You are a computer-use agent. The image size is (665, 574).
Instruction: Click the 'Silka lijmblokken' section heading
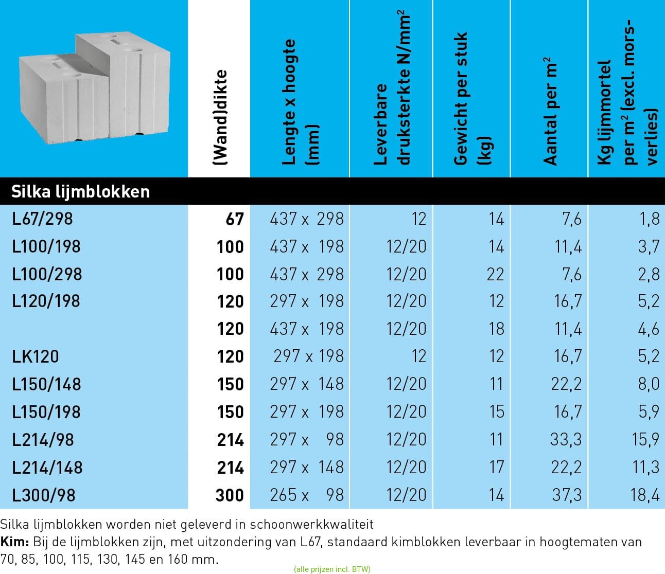(80, 192)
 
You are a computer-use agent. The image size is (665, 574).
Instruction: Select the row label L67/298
(43, 219)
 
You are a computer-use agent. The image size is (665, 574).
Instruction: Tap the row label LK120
(36, 356)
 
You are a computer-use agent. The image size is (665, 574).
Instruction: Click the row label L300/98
(44, 495)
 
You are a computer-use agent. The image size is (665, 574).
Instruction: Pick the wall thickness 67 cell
(234, 219)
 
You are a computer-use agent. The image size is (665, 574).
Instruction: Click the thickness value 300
(230, 495)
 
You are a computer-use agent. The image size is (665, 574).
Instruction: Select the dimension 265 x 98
(307, 495)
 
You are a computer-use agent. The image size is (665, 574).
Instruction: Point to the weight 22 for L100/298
(495, 274)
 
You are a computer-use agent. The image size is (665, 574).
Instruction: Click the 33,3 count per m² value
(566, 440)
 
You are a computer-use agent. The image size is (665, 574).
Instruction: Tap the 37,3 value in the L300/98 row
(566, 495)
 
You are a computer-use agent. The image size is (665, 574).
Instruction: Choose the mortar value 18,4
(644, 495)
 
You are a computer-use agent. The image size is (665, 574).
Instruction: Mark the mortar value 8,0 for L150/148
(649, 384)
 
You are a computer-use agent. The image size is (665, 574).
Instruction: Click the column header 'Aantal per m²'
(550, 111)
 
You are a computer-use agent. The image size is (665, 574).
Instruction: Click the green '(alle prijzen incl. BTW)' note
(332, 569)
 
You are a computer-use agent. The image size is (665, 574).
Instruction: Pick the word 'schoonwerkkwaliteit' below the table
(311, 525)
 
